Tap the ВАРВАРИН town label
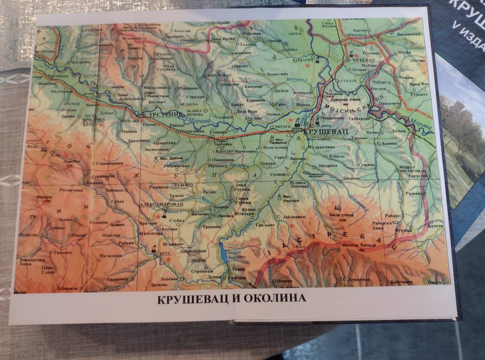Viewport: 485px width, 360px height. [x=303, y=61]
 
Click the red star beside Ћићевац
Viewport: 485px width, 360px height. [x=356, y=55]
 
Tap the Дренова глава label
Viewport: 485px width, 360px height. [x=349, y=99]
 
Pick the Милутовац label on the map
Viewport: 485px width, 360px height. [x=220, y=76]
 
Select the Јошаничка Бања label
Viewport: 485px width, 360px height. [x=33, y=260]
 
